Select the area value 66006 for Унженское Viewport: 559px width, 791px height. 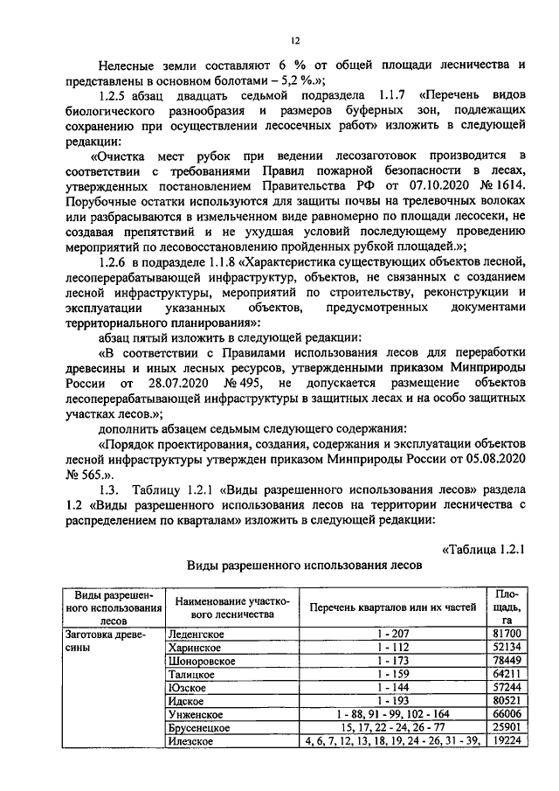(x=507, y=714)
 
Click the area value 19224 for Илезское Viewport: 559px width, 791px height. (x=507, y=741)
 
